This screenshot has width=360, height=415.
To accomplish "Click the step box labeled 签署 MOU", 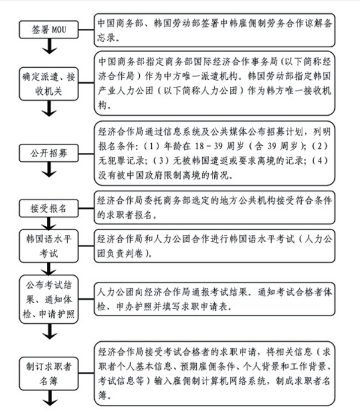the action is coord(49,29).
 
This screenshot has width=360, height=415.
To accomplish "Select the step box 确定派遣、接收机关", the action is coord(49,84).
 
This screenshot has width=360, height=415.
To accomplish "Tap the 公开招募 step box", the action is coord(49,153).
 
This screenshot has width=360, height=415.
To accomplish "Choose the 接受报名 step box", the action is coord(49,208).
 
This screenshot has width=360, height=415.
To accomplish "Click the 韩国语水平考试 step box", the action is coord(49,246).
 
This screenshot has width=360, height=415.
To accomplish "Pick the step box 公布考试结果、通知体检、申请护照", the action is coord(49,299).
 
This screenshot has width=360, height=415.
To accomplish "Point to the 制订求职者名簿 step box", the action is coord(49,374).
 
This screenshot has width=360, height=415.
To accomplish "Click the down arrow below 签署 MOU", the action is coord(49,46).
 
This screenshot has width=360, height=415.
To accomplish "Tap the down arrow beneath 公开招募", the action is coord(49,170).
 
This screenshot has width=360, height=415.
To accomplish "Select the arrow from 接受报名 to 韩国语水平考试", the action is coord(49,223).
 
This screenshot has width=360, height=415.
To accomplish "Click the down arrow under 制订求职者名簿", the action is coord(49,398).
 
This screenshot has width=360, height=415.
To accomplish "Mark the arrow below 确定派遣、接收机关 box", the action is coord(49,109).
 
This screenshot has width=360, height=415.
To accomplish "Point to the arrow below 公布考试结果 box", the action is coord(49,332).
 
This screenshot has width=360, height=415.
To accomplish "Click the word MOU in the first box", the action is coord(59,29).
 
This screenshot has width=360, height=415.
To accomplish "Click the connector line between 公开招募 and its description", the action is coord(86,154).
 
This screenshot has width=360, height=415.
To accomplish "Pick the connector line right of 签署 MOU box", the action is coord(86,29).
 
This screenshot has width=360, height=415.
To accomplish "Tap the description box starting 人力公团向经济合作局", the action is coord(214,299).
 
